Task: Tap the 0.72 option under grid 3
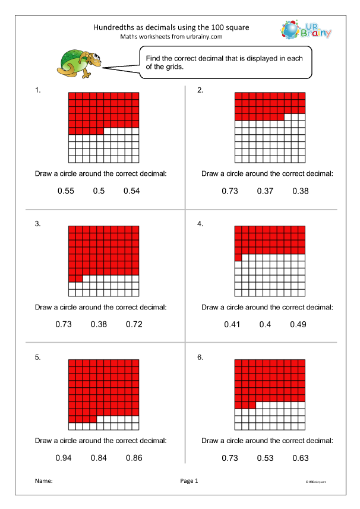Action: click(x=134, y=324)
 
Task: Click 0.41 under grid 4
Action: click(x=232, y=324)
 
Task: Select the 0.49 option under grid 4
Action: click(x=298, y=324)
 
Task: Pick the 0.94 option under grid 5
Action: click(x=64, y=458)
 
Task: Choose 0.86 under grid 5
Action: click(x=134, y=458)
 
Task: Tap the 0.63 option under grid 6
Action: click(x=301, y=458)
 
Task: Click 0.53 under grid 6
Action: click(x=265, y=458)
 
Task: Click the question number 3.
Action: click(x=38, y=224)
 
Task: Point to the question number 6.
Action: click(x=201, y=358)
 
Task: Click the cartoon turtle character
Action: click(x=79, y=62)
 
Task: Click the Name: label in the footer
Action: click(x=45, y=480)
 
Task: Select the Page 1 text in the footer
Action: click(x=189, y=480)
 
